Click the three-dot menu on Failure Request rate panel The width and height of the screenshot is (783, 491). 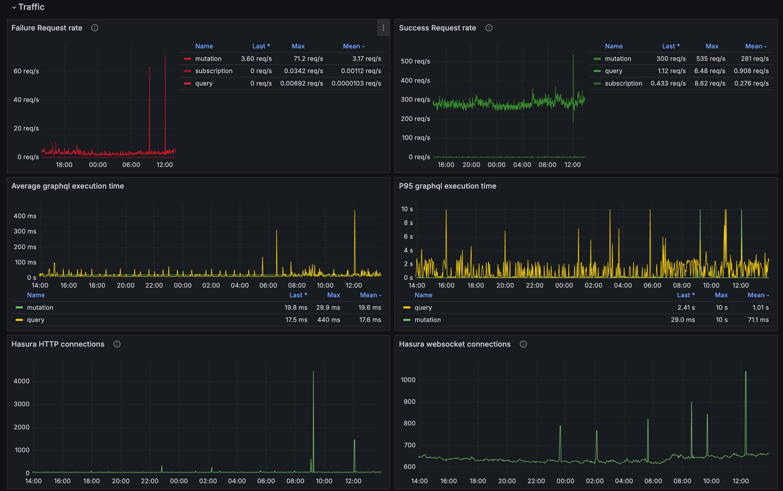click(x=383, y=28)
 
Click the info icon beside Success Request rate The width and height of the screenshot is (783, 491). click(x=488, y=28)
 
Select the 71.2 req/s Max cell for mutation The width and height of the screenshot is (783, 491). click(x=308, y=59)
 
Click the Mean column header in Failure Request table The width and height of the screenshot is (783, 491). click(x=353, y=46)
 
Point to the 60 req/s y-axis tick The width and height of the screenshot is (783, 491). click(x=26, y=71)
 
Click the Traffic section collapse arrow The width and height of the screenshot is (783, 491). click(x=14, y=7)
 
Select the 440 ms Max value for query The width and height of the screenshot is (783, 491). click(x=328, y=320)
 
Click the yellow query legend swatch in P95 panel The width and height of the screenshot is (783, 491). click(x=406, y=307)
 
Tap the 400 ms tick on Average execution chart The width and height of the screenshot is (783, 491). click(x=25, y=216)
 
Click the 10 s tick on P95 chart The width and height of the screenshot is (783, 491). click(x=407, y=209)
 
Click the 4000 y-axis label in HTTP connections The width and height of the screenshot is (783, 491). click(x=21, y=381)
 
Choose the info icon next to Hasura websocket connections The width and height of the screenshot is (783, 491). click(x=523, y=344)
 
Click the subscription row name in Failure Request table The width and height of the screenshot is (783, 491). click(x=214, y=71)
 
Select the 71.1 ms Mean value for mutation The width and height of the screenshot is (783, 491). click(x=758, y=320)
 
